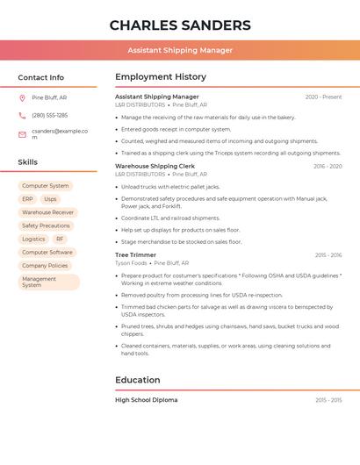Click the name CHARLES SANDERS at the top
(x=180, y=25)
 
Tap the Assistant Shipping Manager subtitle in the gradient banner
(x=180, y=50)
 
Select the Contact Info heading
(x=41, y=77)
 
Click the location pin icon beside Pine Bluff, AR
(x=22, y=97)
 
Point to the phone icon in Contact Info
(x=22, y=116)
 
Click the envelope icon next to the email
(x=22, y=134)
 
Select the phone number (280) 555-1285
(x=50, y=116)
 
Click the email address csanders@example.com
(x=60, y=133)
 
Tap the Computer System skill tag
(x=46, y=186)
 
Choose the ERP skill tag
(x=27, y=199)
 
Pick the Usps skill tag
(x=50, y=199)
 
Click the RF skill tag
(x=60, y=239)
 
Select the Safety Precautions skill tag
(x=46, y=225)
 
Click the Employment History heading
(x=161, y=77)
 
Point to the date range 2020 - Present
(x=323, y=97)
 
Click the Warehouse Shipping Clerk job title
(x=155, y=166)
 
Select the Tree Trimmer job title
(x=134, y=255)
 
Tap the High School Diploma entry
(x=146, y=400)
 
